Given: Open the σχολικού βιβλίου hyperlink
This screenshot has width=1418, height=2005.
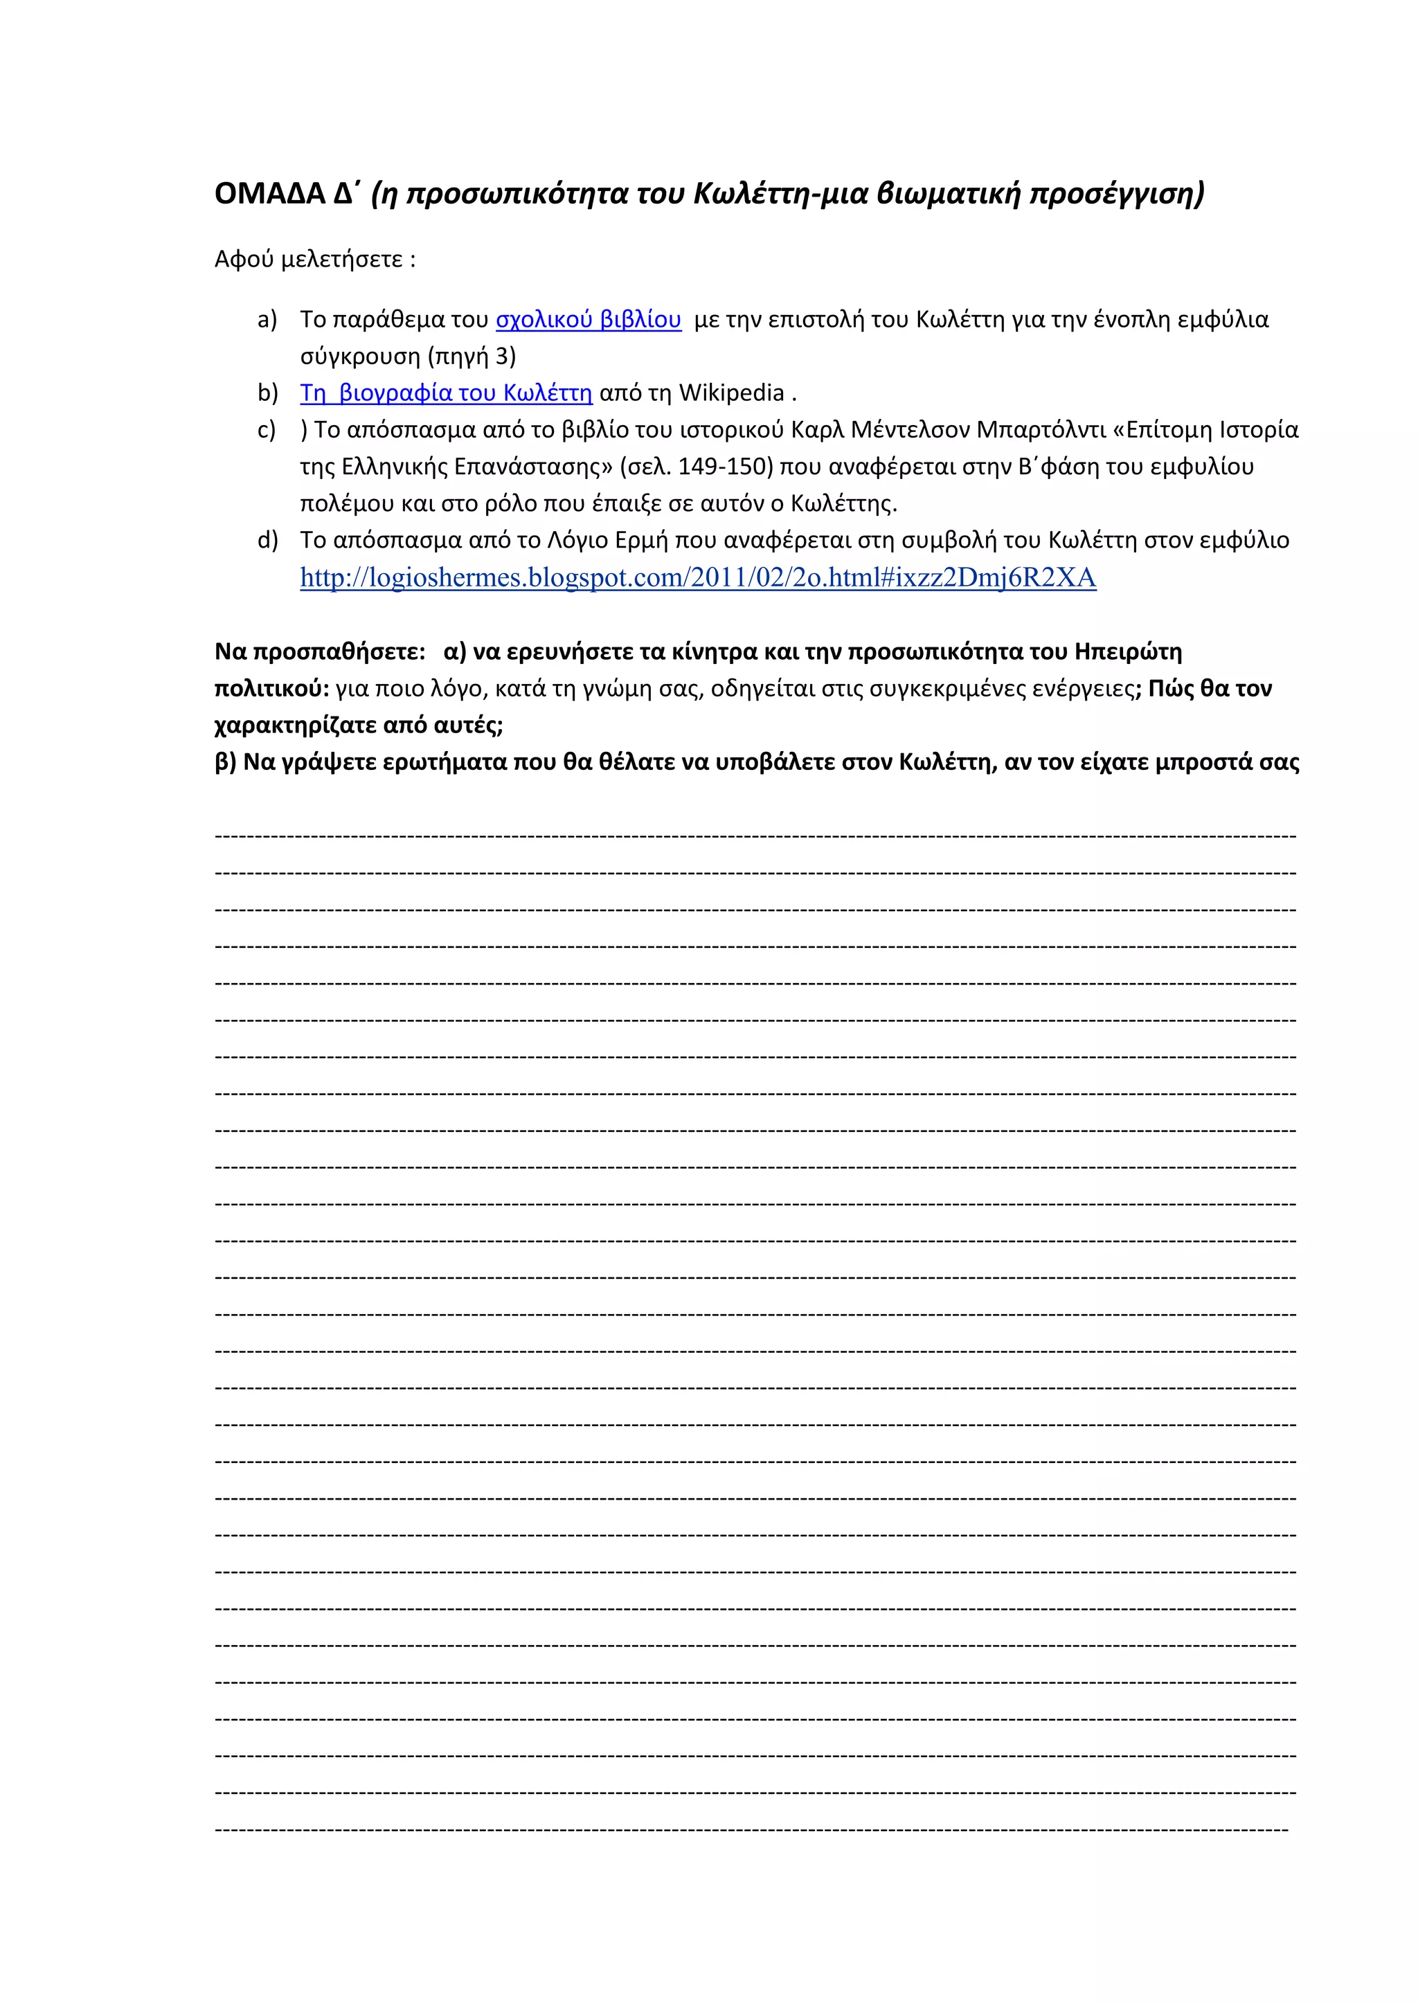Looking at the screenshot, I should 588,320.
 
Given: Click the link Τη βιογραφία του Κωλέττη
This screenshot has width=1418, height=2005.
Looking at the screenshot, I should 446,393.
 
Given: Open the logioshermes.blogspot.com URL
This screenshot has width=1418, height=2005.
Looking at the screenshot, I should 698,578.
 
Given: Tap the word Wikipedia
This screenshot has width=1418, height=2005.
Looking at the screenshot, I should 731,393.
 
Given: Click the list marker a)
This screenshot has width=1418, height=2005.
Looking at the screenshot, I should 267,320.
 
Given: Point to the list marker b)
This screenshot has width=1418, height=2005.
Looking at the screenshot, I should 267,393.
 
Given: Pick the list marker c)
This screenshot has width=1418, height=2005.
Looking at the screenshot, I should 267,430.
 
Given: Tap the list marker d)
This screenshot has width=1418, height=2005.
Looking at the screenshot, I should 267,541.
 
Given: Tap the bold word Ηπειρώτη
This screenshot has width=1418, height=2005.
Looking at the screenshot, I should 1128,652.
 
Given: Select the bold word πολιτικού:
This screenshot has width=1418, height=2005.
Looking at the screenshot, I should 271,689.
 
